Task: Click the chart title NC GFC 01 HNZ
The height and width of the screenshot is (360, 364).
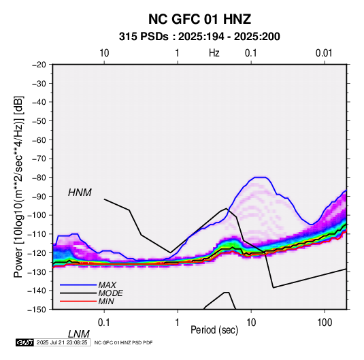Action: click(x=199, y=19)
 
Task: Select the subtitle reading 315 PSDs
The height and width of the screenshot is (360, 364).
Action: click(x=144, y=37)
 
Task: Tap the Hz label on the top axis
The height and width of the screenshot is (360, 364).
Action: click(x=214, y=53)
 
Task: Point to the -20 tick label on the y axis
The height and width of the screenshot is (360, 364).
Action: click(x=39, y=65)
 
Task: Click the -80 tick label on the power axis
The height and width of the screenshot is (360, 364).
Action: click(x=39, y=178)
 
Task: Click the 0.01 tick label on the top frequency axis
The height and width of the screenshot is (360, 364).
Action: click(x=324, y=53)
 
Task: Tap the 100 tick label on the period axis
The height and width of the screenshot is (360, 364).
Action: click(x=325, y=323)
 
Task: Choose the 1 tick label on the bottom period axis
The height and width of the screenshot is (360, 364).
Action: click(x=178, y=323)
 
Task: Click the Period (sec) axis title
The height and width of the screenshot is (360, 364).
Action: click(x=214, y=330)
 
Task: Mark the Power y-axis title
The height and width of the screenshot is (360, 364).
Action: click(x=18, y=186)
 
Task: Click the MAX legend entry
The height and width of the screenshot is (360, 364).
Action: click(x=107, y=285)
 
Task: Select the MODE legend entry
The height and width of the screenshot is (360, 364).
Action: click(x=110, y=293)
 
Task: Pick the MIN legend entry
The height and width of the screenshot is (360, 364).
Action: click(x=106, y=301)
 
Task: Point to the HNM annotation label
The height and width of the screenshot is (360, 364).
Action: click(x=80, y=193)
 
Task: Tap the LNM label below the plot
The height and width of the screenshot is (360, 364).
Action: click(x=79, y=334)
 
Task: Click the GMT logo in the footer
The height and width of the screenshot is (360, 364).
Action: click(x=24, y=342)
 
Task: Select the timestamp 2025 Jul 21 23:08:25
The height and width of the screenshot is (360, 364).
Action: click(x=62, y=342)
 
